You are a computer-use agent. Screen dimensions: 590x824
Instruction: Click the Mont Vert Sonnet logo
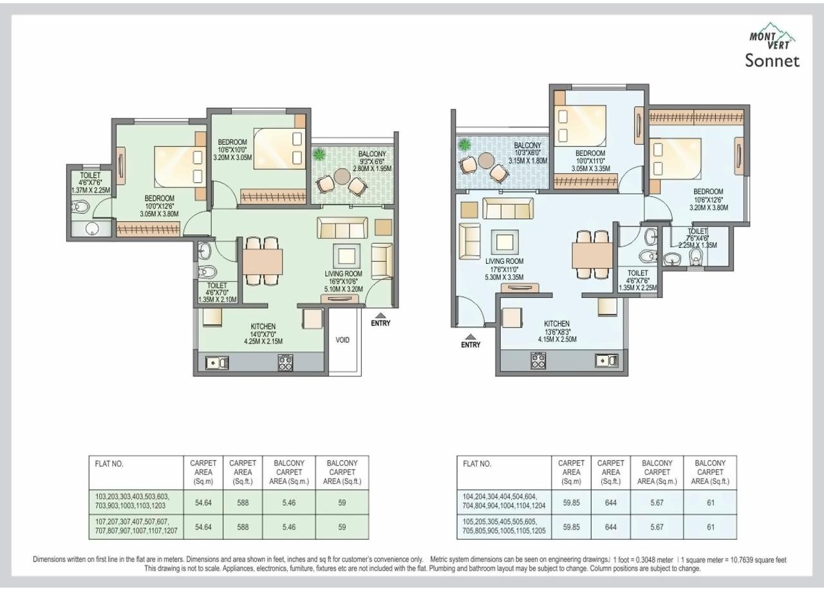click(772, 50)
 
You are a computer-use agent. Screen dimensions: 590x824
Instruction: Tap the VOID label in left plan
click(342, 340)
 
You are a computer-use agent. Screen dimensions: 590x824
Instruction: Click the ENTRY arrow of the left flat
click(380, 315)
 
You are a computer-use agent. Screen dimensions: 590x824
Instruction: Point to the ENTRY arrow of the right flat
click(471, 336)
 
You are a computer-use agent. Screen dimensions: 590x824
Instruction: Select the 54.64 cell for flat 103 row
click(203, 502)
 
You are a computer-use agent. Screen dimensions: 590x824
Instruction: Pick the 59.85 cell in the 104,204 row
click(571, 502)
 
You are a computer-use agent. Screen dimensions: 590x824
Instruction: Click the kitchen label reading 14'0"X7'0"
click(263, 334)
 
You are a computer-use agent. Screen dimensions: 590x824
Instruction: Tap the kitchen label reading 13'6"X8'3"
click(557, 331)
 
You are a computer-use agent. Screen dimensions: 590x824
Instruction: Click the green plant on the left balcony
click(318, 154)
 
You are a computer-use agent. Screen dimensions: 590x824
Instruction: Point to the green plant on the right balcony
click(464, 145)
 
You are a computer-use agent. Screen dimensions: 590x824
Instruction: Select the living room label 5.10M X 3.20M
click(344, 289)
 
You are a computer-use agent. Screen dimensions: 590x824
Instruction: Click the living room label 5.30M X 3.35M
click(505, 277)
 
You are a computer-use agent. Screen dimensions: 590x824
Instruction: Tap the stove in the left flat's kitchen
click(286, 363)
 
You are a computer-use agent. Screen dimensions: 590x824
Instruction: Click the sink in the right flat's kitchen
click(606, 360)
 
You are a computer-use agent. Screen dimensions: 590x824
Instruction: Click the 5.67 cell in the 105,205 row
click(657, 526)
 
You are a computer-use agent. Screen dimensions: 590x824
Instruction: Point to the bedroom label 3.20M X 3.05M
click(232, 156)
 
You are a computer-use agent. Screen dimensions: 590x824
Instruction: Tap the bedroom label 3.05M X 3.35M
click(590, 169)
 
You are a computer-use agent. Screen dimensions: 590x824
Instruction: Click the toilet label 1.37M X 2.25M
click(90, 190)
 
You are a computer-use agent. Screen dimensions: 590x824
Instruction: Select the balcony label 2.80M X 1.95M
click(372, 169)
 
